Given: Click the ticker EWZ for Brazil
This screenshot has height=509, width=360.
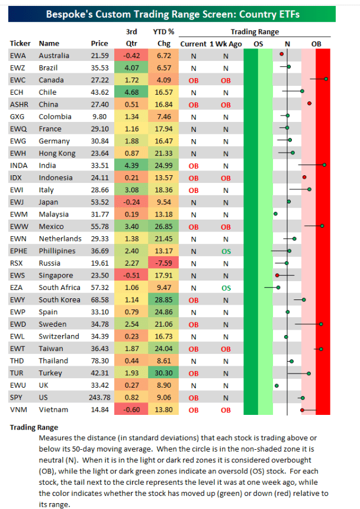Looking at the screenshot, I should (17, 67).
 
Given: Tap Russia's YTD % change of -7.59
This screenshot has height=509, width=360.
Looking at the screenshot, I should (164, 263).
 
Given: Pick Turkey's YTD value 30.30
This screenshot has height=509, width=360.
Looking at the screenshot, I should (164, 373).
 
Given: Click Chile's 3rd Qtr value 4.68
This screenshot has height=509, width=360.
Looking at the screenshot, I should (132, 92).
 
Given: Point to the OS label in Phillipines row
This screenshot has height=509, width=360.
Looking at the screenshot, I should (226, 251).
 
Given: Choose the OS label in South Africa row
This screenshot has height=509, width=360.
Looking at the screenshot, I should (226, 288).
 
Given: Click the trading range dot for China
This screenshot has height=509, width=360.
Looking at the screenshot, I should (309, 104).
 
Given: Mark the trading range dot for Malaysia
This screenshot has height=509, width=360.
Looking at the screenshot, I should (275, 214).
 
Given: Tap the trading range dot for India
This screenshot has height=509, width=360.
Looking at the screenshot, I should (324, 165).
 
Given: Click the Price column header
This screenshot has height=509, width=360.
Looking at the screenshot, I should (99, 43).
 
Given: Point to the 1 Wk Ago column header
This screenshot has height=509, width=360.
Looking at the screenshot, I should (225, 43).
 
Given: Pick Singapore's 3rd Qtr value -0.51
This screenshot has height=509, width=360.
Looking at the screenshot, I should (131, 275).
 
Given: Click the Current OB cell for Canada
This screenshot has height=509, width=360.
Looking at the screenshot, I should (193, 80).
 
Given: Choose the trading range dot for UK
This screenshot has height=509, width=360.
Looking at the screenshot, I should (276, 385).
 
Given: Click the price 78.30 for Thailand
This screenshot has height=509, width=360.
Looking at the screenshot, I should (98, 360).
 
